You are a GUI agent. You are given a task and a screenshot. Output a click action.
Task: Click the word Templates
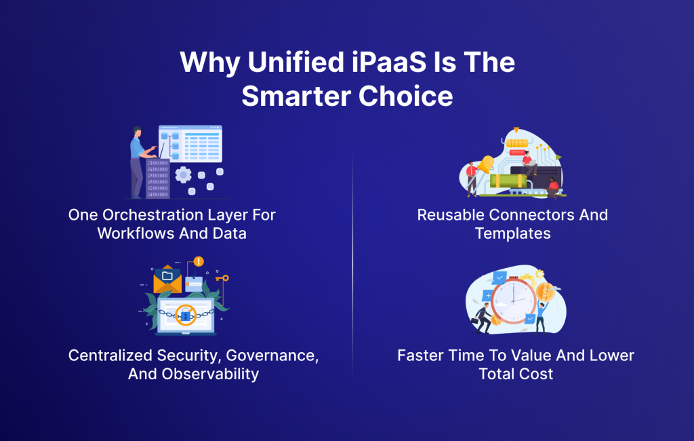(x=512, y=233)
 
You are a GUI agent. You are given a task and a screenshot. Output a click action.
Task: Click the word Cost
(x=535, y=373)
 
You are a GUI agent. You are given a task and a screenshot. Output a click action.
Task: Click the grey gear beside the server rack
(x=183, y=175)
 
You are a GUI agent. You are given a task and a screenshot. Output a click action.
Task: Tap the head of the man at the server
(x=138, y=130)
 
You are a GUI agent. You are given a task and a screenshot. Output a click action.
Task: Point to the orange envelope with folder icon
(x=167, y=279)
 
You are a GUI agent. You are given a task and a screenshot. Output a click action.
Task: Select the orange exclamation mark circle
(x=199, y=261)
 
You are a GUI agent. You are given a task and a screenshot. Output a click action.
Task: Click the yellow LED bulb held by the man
(x=486, y=163)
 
